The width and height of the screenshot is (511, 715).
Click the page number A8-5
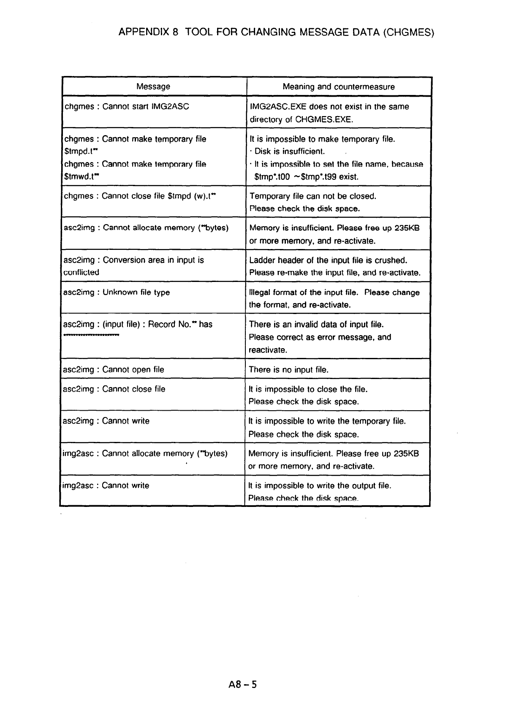click(242, 684)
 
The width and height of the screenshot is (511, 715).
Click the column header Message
click(153, 87)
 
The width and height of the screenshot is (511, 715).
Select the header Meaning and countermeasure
click(339, 87)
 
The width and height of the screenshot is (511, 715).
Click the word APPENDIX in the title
click(144, 32)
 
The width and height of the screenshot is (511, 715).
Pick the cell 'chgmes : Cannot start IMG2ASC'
click(126, 106)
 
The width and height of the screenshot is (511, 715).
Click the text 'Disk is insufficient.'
click(290, 152)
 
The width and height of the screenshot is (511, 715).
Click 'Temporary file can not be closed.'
click(313, 196)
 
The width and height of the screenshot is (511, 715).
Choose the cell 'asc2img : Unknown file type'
click(116, 292)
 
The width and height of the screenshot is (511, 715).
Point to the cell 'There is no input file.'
click(288, 370)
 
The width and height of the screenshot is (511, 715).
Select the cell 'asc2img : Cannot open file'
click(113, 370)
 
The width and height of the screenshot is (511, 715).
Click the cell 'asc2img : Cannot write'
click(106, 421)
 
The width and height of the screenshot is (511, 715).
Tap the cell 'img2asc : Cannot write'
click(105, 485)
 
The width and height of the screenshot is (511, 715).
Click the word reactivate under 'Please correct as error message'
click(268, 350)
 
